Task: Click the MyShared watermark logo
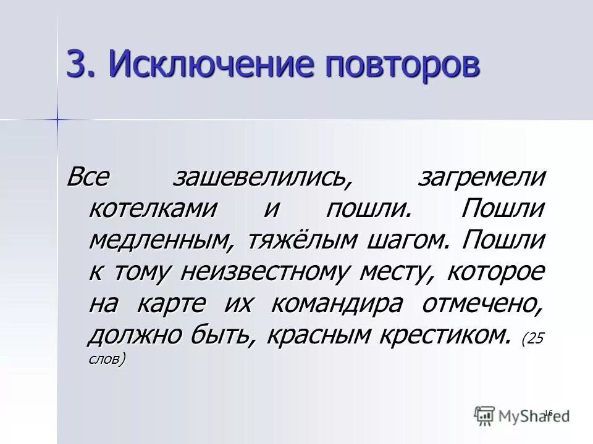pos(522,414)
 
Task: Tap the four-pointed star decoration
pos(57,117)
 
